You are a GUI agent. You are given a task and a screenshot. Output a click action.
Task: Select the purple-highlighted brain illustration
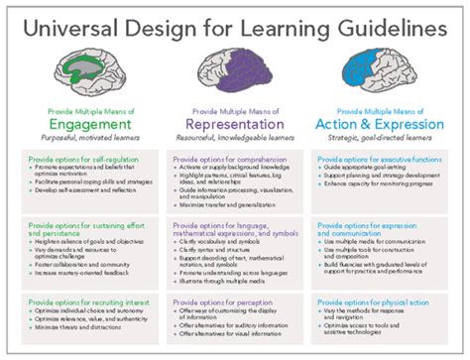pyautogui.click(x=234, y=70)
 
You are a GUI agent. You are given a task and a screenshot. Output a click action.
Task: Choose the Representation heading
pyautogui.click(x=234, y=126)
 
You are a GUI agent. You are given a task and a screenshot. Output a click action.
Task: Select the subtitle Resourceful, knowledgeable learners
pyautogui.click(x=234, y=140)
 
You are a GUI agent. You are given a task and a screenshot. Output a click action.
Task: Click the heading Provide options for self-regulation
pyautogui.click(x=75, y=158)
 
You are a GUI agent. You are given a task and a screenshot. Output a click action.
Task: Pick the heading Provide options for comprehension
pyautogui.click(x=224, y=158)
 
